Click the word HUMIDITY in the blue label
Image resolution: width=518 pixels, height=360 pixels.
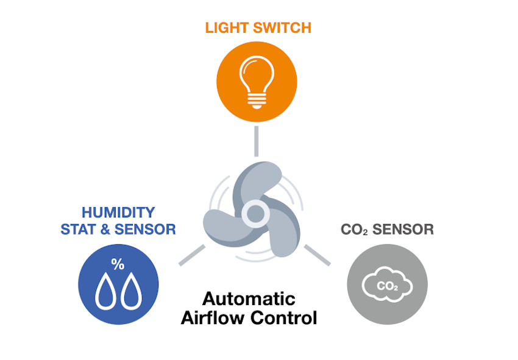[x=118, y=213]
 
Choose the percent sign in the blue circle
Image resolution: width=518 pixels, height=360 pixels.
[x=118, y=264]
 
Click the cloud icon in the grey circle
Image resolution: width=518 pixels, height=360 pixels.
[x=387, y=284]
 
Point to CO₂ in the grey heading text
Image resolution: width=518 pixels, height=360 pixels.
[x=353, y=230]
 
